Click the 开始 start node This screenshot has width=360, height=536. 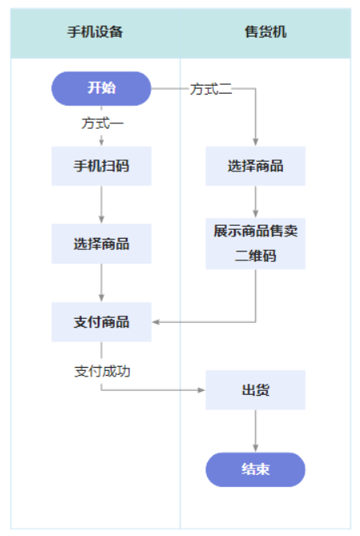pos(101,88)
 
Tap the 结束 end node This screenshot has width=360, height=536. pos(255,470)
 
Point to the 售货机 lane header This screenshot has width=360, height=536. pos(265,33)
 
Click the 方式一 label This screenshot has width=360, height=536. pos(102,124)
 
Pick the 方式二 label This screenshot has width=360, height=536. pos(211,89)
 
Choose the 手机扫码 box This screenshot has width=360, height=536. pos(101,167)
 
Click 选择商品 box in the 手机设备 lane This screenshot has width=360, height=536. pos(101,244)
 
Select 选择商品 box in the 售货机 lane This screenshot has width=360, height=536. pos(255,167)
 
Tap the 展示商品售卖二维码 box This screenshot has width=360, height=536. pos(255,244)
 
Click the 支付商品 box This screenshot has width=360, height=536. pos(101,322)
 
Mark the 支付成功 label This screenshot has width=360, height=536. pos(102,371)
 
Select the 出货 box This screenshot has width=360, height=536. pos(255,390)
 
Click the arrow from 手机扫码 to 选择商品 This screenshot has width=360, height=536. pos(102,205)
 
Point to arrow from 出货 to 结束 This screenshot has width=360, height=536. pos(256,431)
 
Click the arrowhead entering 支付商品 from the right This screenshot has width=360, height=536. pos(156,322)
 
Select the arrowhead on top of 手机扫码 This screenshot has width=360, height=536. pos(102,143)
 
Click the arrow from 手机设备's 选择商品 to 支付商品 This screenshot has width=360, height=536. pos(102,283)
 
